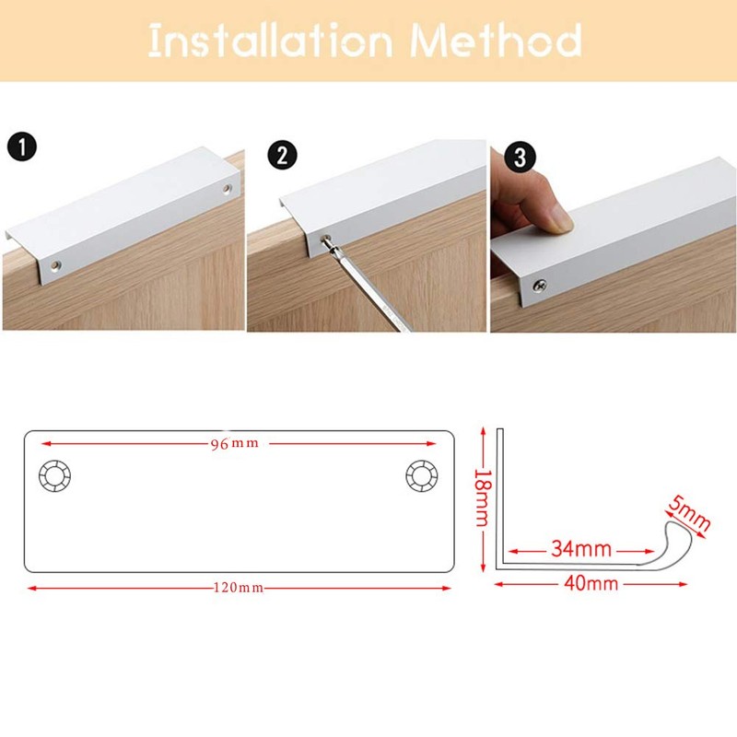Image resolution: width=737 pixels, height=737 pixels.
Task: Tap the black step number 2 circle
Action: (280, 156)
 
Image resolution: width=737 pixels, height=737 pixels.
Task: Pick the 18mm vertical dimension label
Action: (481, 497)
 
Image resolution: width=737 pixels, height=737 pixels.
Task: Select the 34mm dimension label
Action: (581, 549)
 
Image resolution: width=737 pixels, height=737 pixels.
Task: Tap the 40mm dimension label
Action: (590, 584)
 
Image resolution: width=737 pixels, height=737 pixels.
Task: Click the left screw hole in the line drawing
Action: (53, 476)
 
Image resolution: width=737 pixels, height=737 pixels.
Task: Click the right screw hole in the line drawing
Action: (423, 476)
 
